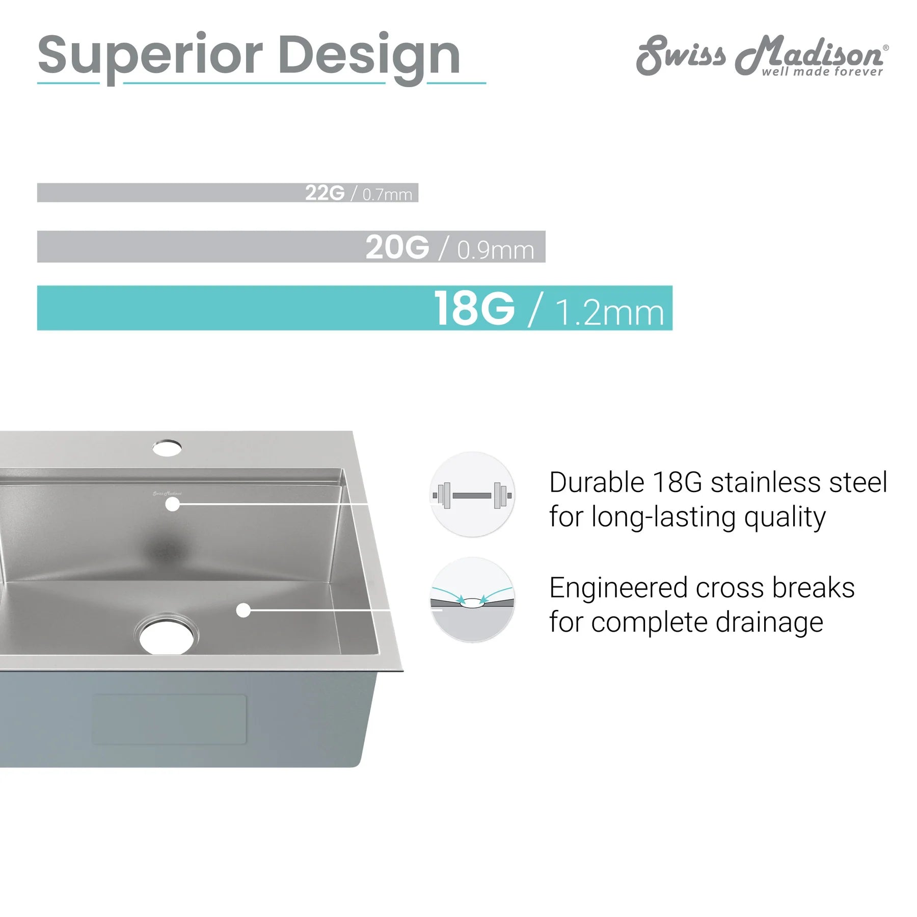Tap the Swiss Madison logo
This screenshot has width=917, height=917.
(762, 55)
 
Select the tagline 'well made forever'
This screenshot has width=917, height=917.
(822, 72)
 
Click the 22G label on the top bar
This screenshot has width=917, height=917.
(325, 193)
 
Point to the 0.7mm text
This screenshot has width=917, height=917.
(387, 194)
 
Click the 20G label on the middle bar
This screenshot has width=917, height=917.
(397, 248)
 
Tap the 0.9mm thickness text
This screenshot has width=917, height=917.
(496, 250)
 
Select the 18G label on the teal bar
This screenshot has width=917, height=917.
(474, 308)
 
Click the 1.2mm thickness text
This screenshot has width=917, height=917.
(609, 312)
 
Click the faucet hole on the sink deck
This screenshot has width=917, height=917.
(167, 448)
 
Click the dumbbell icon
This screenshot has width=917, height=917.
(472, 495)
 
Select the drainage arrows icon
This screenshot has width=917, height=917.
(472, 600)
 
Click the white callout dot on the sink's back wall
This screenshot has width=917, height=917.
(173, 504)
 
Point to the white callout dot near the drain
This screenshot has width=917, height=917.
(244, 610)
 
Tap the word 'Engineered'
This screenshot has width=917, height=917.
(618, 589)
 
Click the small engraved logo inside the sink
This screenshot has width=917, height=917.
(167, 493)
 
